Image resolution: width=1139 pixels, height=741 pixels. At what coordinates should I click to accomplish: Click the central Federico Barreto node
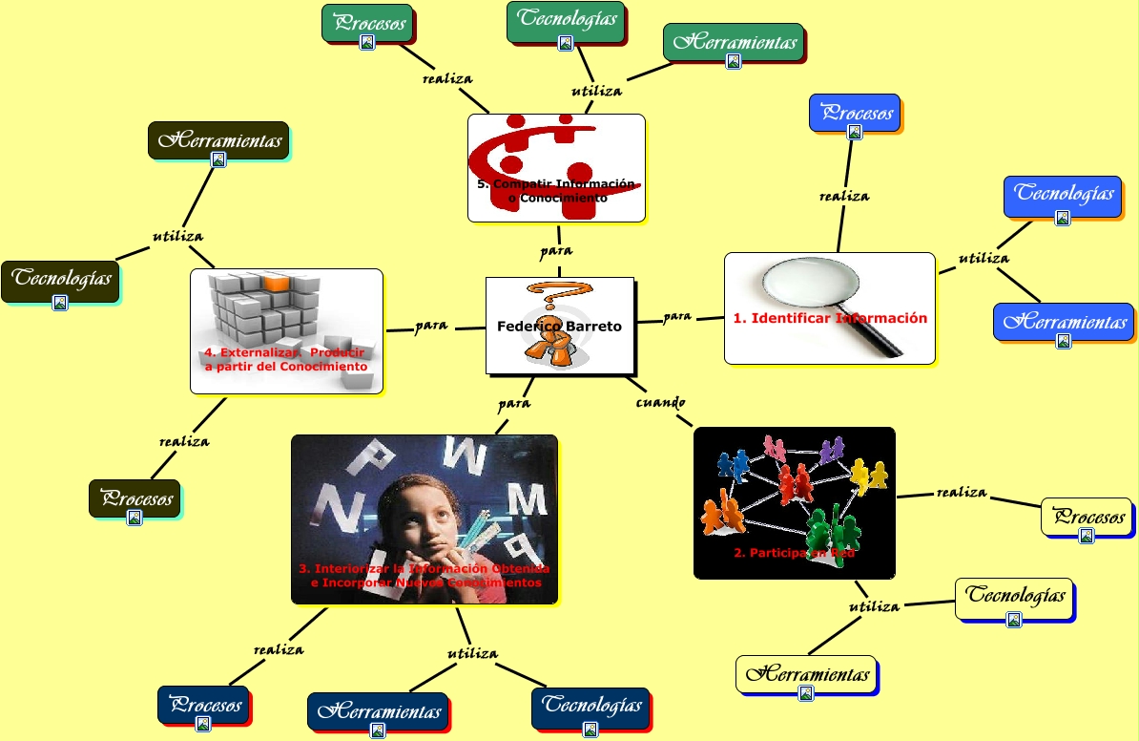(559, 326)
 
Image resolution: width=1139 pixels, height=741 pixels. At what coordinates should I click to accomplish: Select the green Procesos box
(367, 24)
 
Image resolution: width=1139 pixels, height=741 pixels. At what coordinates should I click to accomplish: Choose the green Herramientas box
(734, 43)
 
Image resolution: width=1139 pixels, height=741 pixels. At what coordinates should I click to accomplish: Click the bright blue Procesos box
(854, 113)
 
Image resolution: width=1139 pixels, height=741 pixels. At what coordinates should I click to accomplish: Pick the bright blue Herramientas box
(1063, 323)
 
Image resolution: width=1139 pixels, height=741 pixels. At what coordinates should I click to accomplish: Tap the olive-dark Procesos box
(134, 498)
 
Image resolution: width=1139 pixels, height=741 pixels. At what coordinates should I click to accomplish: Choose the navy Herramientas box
(378, 712)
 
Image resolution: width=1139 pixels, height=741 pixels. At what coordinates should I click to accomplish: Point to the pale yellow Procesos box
(1087, 517)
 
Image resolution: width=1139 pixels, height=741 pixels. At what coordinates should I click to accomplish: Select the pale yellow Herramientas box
(806, 674)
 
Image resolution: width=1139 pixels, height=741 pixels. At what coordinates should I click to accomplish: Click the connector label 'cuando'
(660, 402)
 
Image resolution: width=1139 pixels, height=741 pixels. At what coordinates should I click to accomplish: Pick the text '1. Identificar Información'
(830, 318)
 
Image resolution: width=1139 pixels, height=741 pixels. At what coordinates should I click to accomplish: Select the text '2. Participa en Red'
(794, 553)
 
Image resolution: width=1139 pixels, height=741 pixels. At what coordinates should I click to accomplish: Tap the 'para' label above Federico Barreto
(556, 251)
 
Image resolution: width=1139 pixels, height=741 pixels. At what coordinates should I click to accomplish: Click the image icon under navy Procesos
(202, 724)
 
